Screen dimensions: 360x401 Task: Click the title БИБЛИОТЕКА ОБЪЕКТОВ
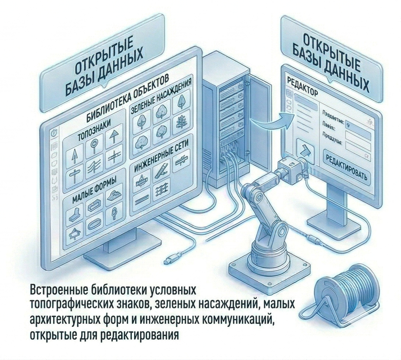pyautogui.click(x=127, y=98)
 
